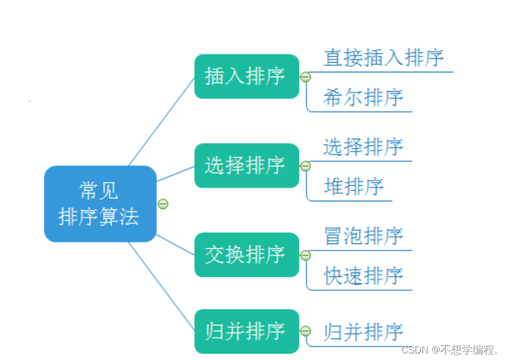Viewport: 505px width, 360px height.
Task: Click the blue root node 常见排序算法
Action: [100, 204]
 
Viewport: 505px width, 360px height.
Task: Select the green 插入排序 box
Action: [246, 77]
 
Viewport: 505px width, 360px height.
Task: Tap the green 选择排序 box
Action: [246, 166]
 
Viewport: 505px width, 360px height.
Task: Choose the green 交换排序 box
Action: [246, 255]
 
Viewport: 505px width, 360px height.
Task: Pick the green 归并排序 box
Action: [246, 331]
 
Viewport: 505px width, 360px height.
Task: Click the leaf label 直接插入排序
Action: [384, 58]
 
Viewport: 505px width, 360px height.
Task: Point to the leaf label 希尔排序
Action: [363, 98]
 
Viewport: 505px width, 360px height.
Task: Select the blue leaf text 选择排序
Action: [363, 147]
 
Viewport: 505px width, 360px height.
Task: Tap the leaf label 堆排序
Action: [354, 187]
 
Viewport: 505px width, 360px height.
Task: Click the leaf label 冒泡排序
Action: [363, 236]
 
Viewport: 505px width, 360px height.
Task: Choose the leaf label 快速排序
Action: [363, 276]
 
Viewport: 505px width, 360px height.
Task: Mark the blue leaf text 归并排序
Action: [363, 331]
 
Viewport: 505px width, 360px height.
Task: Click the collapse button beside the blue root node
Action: [163, 204]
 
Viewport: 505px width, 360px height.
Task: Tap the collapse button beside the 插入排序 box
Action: [305, 77]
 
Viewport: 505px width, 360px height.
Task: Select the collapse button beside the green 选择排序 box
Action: [305, 166]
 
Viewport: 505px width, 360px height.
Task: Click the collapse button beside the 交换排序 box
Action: [305, 255]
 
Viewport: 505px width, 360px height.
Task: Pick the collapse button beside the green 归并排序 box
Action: [305, 331]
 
